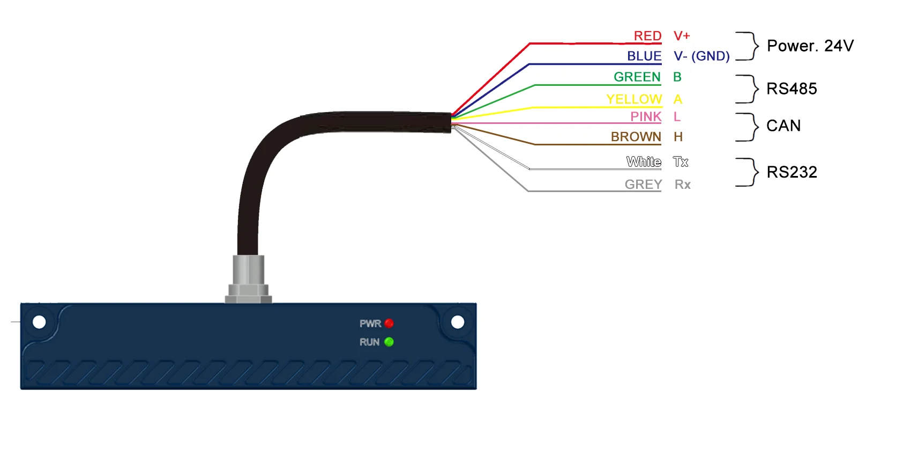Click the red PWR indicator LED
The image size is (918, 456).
pyautogui.click(x=389, y=323)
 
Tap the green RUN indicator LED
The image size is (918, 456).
pyautogui.click(x=389, y=342)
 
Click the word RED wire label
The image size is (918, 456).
pyautogui.click(x=647, y=36)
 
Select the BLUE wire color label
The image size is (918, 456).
pyautogui.click(x=644, y=56)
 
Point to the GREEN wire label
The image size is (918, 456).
pyautogui.click(x=637, y=77)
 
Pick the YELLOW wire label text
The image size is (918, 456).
pyautogui.click(x=634, y=99)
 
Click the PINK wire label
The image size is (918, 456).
pyautogui.click(x=646, y=116)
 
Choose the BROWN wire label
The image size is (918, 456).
pyautogui.click(x=636, y=137)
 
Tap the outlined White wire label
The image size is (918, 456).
pyautogui.click(x=644, y=161)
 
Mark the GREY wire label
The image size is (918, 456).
pyautogui.click(x=643, y=185)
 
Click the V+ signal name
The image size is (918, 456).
pyautogui.click(x=682, y=36)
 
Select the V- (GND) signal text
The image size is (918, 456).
pyautogui.click(x=701, y=56)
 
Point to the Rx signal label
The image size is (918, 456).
pyautogui.click(x=682, y=185)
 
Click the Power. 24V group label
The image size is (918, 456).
pyautogui.click(x=810, y=46)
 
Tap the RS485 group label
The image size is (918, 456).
pyautogui.click(x=792, y=89)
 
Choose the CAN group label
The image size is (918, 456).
pyautogui.click(x=783, y=126)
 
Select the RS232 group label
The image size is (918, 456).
pyautogui.click(x=792, y=172)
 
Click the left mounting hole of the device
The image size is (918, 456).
pyautogui.click(x=39, y=322)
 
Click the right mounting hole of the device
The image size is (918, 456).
pyautogui.click(x=458, y=322)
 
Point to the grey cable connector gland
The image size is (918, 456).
pyautogui.click(x=248, y=279)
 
